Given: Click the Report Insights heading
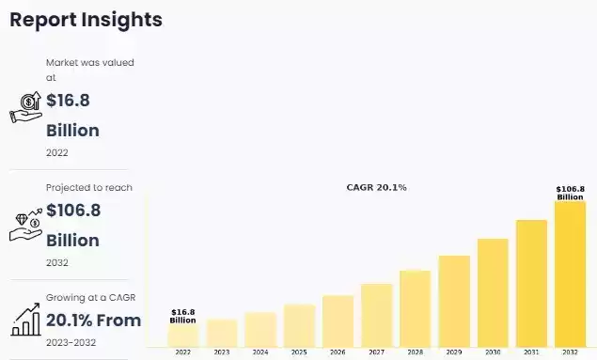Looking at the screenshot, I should [x=86, y=20].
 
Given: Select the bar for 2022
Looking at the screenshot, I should [x=182, y=335].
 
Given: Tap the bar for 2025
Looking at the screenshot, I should [x=299, y=324].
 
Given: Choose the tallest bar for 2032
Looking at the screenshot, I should [x=570, y=273].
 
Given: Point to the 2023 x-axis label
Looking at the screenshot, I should [x=221, y=352].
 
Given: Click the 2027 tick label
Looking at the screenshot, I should [x=376, y=352].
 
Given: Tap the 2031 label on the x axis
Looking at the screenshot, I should [x=531, y=352].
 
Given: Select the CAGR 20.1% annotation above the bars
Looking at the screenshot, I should [x=377, y=188].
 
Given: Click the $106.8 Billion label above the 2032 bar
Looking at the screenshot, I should [x=570, y=193].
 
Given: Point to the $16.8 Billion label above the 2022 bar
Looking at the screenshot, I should [x=182, y=316].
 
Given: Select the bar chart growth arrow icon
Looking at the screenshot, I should [x=25, y=321].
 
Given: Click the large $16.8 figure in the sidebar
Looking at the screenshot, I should [x=68, y=101].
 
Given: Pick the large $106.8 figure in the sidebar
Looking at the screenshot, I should [x=73, y=211].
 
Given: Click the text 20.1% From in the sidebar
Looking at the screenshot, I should [x=93, y=321].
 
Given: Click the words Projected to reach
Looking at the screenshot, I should [x=89, y=187].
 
